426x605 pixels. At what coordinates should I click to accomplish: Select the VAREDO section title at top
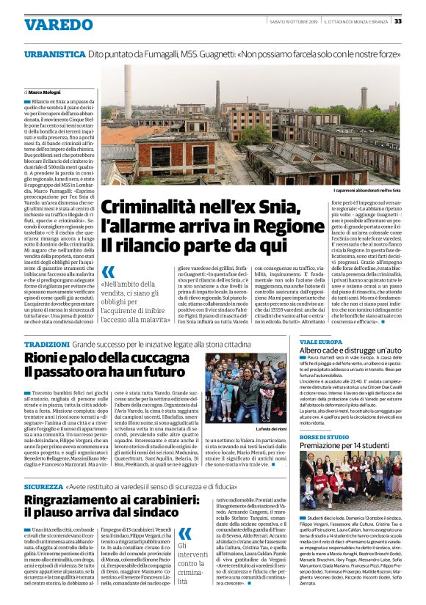pos(59,24)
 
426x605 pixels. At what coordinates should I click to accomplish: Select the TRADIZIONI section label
pos(46,345)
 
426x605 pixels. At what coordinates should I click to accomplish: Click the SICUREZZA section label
pos(43,486)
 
